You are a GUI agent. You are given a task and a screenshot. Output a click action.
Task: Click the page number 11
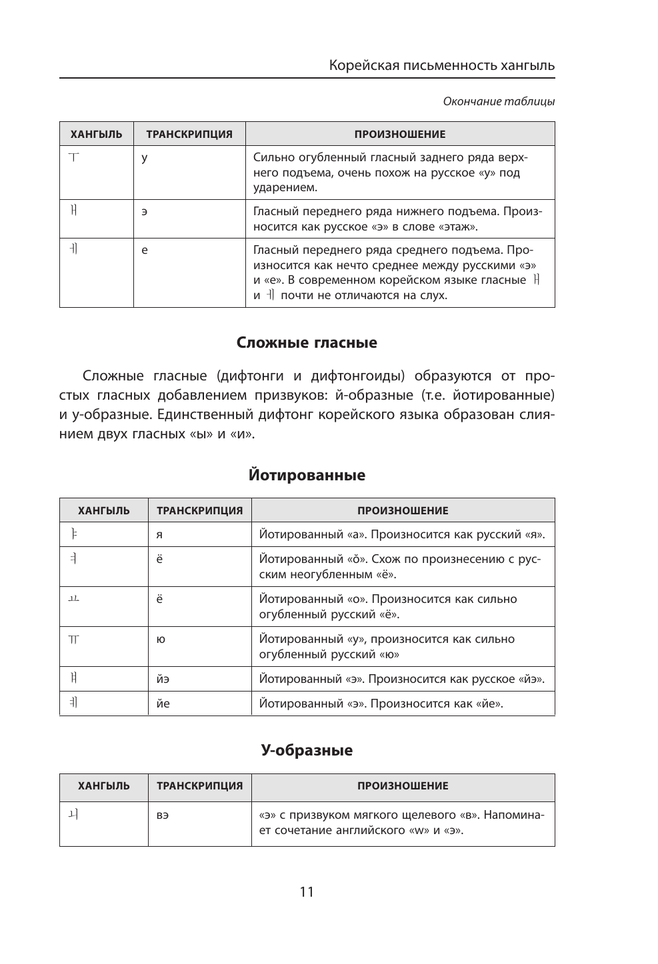(x=307, y=891)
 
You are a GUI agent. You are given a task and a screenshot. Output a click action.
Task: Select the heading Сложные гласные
(x=307, y=343)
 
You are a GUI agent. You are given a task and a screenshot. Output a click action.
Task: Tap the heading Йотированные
(x=307, y=476)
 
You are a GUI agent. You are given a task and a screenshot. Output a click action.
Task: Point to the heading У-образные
(x=307, y=750)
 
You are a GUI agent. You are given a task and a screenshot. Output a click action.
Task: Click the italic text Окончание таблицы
(x=499, y=102)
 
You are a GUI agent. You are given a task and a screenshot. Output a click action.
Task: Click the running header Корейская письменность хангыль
(x=442, y=66)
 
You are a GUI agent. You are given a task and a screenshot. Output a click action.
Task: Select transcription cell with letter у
(x=144, y=159)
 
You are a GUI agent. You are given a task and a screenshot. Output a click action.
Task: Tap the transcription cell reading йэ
(x=163, y=680)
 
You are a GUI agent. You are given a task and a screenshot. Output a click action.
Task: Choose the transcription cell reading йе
(x=163, y=704)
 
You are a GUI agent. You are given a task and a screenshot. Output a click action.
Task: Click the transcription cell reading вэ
(x=163, y=816)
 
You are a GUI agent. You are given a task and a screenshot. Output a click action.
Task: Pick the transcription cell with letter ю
(x=161, y=640)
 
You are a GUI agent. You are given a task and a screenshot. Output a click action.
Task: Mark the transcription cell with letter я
(x=160, y=535)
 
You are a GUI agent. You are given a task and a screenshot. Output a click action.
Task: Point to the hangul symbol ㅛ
(x=73, y=599)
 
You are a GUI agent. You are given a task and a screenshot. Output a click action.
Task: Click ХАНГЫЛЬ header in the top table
(x=97, y=134)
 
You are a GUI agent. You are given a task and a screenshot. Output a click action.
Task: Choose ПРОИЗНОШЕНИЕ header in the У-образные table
(x=403, y=786)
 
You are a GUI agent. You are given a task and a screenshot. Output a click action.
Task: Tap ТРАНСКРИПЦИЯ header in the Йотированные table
(x=199, y=511)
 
